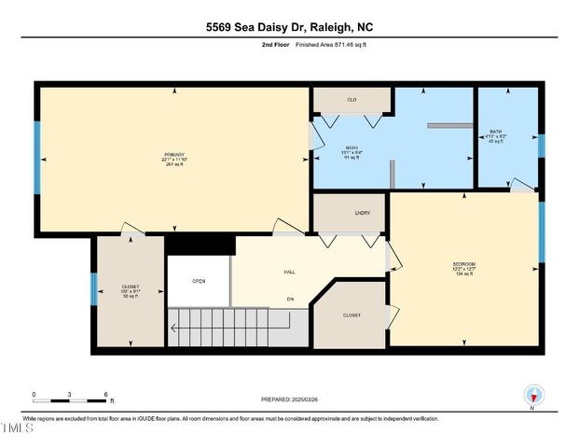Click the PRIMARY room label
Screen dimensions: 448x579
[174, 154]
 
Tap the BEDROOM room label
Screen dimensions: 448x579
[464, 265]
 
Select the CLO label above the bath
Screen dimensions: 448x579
[352, 98]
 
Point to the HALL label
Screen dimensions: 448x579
[290, 272]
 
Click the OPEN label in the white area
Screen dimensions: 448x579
[199, 280]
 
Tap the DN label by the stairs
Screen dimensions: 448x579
[290, 299]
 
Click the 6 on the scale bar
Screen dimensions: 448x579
[106, 394]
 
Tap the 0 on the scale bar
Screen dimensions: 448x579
[34, 394]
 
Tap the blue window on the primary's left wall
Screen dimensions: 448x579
[37, 155]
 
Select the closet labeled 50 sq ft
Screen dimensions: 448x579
[131, 289]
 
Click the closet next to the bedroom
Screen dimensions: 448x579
[352, 315]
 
